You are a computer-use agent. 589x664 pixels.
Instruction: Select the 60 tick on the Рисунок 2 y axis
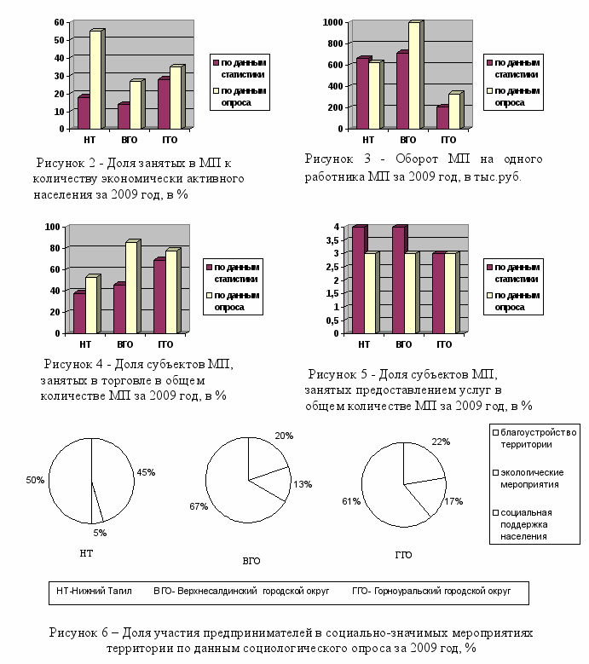[x=56, y=22]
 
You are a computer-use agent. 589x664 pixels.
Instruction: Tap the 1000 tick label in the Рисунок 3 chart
[x=332, y=22]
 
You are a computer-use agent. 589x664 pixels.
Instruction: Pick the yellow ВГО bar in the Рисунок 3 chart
[x=413, y=75]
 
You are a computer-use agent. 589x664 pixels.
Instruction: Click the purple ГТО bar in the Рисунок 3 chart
[x=442, y=118]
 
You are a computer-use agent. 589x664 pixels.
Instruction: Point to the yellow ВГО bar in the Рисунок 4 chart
[x=130, y=287]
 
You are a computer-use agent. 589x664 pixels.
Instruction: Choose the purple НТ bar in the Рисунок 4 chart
[x=78, y=312]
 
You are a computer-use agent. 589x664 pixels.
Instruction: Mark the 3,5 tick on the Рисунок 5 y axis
[x=337, y=240]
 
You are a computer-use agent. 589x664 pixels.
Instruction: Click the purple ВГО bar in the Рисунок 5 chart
[x=398, y=280]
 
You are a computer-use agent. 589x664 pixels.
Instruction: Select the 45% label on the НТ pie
[x=146, y=472]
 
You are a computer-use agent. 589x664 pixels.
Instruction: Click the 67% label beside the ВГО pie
[x=199, y=507]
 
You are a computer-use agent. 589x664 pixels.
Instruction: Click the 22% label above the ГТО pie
[x=441, y=442]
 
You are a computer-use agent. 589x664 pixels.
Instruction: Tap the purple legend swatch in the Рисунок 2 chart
[x=217, y=62]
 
